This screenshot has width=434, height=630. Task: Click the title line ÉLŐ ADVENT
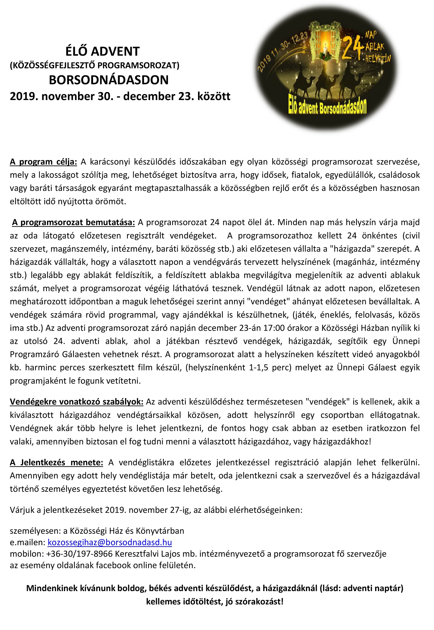102,51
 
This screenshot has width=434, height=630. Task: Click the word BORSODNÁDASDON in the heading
109,80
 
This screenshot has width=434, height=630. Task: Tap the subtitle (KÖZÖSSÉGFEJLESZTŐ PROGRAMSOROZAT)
95,66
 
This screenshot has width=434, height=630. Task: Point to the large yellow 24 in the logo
352,48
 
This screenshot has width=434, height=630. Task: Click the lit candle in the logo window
326,50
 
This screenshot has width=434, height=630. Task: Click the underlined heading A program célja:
43,162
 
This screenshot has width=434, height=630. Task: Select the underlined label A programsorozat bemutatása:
74,223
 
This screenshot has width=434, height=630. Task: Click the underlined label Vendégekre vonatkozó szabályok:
77,402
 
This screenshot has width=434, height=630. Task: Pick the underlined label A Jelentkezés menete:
56,462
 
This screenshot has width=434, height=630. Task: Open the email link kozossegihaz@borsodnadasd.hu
110,543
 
